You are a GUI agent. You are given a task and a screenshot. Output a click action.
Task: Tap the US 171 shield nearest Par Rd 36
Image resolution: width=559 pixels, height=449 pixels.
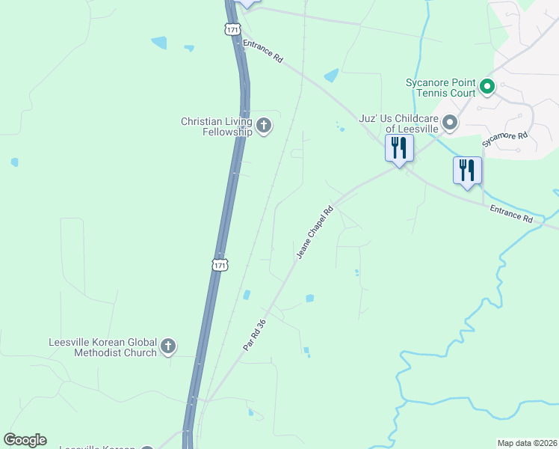pos(219,265)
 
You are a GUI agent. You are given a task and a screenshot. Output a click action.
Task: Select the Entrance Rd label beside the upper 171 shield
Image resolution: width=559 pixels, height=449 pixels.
pos(264,52)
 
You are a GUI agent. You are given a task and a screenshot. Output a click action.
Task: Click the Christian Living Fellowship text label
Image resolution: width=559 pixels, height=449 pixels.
pos(216,126)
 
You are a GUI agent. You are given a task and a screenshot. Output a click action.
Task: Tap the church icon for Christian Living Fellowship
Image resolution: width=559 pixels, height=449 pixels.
pos(263,126)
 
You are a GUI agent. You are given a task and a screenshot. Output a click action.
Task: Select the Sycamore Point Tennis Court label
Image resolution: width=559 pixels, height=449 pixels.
pos(440,88)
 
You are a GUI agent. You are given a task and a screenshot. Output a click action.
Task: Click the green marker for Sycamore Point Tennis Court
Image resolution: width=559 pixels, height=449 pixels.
pos(487,87)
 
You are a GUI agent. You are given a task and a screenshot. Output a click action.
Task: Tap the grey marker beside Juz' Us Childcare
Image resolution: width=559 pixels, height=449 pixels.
pos(450,122)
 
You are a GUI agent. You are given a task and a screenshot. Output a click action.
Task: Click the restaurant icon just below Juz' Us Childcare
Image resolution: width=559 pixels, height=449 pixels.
pos(399,147)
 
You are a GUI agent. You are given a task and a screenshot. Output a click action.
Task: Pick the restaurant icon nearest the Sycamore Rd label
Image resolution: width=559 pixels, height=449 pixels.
pos(467,170)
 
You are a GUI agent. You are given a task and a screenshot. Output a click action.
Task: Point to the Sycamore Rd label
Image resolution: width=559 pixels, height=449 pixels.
pos(504,138)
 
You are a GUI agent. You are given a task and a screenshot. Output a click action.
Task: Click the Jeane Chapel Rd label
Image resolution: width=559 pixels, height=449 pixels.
pos(314,233)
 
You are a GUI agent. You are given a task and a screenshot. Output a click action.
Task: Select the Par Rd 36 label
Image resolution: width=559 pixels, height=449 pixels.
pos(254,336)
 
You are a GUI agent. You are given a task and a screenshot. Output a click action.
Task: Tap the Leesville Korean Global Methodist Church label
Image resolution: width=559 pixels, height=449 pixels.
pos(103,346)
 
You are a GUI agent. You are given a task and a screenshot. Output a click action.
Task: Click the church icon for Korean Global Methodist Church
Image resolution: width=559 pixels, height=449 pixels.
pos(168,346)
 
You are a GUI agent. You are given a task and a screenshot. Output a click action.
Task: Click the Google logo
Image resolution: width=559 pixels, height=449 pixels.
pos(25,440)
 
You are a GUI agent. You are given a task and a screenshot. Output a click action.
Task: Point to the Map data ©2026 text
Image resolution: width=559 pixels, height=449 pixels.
pos(527,443)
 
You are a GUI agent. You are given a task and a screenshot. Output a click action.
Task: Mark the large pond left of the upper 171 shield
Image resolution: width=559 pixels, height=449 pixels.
pos(159,43)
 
